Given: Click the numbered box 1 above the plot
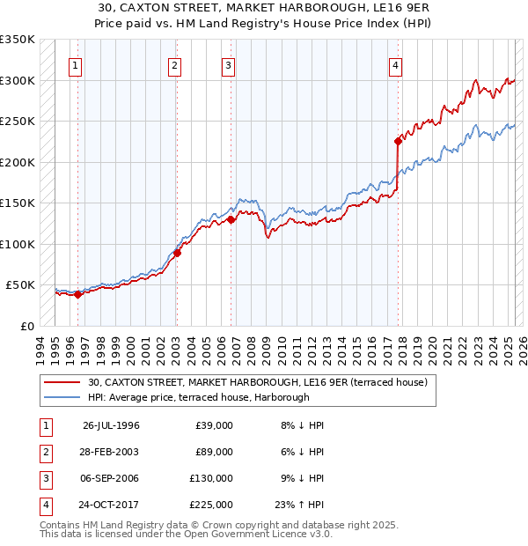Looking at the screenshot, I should [x=76, y=65].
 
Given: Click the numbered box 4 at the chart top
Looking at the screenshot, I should [x=396, y=65].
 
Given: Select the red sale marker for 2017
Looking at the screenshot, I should [x=398, y=141].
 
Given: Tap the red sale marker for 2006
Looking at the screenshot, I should [x=231, y=219].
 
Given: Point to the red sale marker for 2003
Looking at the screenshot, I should [x=177, y=253].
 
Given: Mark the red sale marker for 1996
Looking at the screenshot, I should [x=77, y=294].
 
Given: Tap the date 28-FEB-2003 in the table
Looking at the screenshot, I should [x=111, y=453].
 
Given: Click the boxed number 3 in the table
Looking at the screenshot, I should [x=43, y=479].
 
